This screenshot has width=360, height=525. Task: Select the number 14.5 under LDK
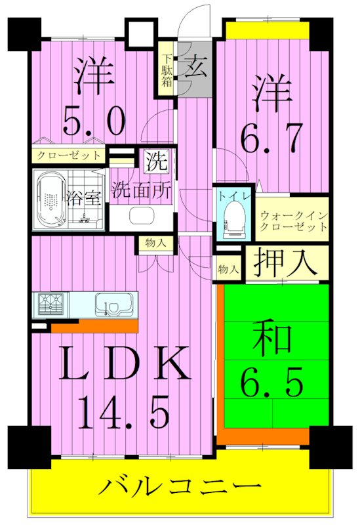pyautogui.click(x=125, y=411)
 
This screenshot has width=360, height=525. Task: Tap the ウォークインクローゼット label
pyautogui.click(x=293, y=220)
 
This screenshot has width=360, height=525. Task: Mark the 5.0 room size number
pyautogui.click(x=94, y=120)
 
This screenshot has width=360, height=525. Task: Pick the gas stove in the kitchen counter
pyautogui.click(x=52, y=305)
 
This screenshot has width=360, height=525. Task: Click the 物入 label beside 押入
pyautogui.click(x=228, y=268)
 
